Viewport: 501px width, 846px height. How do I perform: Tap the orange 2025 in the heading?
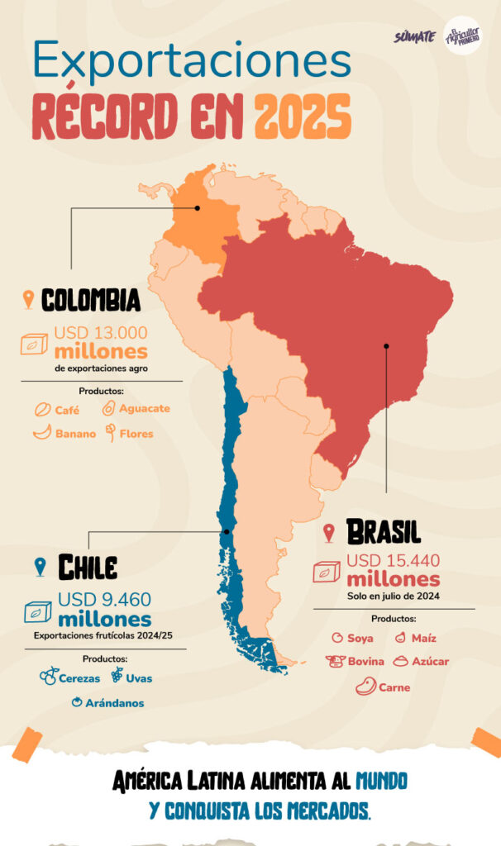pos(303,117)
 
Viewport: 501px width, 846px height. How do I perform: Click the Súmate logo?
pos(415,37)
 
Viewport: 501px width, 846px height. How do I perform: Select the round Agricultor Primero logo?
pos(462,36)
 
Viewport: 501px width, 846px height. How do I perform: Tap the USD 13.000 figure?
pos(101,333)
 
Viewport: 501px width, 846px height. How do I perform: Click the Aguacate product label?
pos(145,408)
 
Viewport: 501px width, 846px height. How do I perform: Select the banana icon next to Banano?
pos(41,433)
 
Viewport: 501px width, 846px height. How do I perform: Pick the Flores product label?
pos(136,433)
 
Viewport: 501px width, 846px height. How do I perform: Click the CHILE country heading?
pos(87,567)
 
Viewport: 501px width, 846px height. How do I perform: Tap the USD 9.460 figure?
pos(104,600)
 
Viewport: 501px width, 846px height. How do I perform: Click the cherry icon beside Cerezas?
pos(48,677)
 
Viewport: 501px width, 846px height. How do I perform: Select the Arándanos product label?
pos(114,702)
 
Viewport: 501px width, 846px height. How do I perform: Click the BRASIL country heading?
pos(383,531)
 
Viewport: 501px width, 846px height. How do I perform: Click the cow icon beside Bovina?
pos(335,661)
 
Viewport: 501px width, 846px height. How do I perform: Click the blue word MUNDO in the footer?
pos(381,780)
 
